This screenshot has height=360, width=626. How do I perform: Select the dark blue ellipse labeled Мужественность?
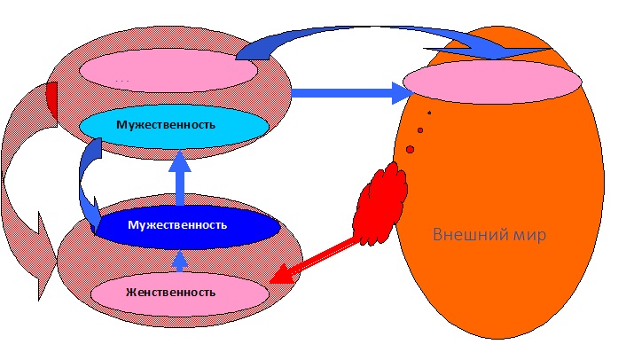click(x=177, y=225)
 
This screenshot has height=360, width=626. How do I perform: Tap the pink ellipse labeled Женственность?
click(x=180, y=291)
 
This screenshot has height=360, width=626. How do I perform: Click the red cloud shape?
click(x=380, y=202)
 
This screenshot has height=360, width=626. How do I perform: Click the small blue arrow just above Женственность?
click(x=180, y=261)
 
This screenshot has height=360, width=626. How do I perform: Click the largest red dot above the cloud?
click(x=410, y=149)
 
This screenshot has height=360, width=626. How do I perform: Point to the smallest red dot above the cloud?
click(x=429, y=113)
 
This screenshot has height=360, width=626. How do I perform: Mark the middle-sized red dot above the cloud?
click(x=420, y=130)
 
